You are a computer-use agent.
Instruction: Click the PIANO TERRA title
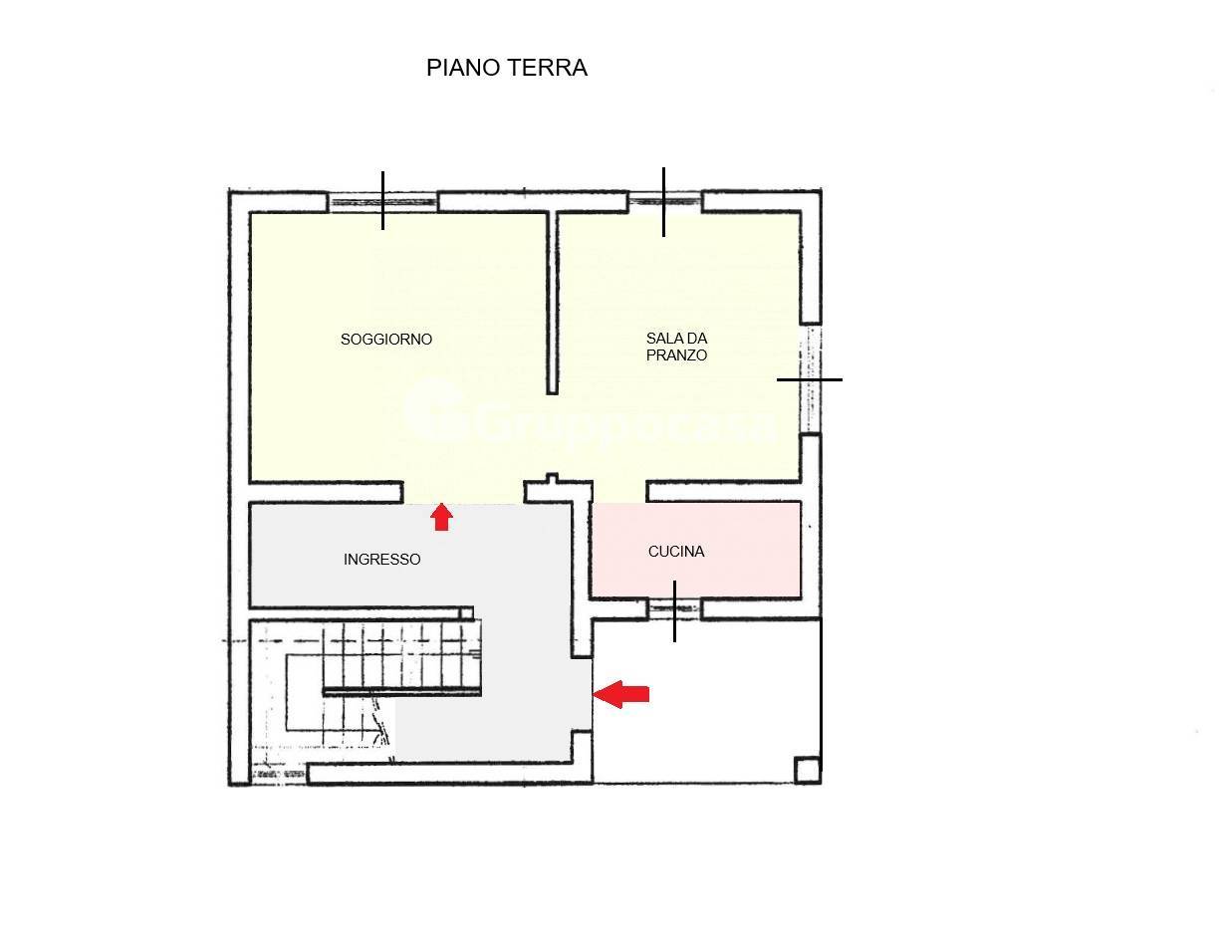pyautogui.click(x=507, y=68)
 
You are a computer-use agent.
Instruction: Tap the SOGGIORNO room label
pyautogui.click(x=386, y=340)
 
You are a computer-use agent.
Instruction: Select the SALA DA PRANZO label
pyautogui.click(x=676, y=347)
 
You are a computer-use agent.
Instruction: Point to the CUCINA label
pyautogui.click(x=676, y=552)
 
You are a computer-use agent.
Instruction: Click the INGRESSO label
pyautogui.click(x=382, y=559)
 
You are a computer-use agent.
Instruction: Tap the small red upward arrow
pyautogui.click(x=441, y=517)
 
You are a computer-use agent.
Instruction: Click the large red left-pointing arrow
pyautogui.click(x=621, y=694)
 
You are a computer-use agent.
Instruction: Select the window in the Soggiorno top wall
pyautogui.click(x=382, y=201)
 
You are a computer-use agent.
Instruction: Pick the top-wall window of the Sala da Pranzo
pyautogui.click(x=664, y=201)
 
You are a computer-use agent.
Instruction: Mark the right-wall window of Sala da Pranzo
pyautogui.click(x=810, y=379)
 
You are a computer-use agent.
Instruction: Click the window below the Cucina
pyautogui.click(x=674, y=608)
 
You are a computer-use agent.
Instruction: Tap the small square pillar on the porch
pyautogui.click(x=808, y=771)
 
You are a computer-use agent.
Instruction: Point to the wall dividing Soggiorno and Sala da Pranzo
pyautogui.click(x=553, y=303)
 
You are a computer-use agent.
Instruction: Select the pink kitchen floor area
pyautogui.click(x=696, y=550)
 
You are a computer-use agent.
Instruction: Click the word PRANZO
pyautogui.click(x=676, y=354)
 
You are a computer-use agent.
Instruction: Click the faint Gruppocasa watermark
pyautogui.click(x=589, y=413)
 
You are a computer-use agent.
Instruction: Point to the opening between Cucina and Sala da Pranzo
pyautogui.click(x=619, y=492)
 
